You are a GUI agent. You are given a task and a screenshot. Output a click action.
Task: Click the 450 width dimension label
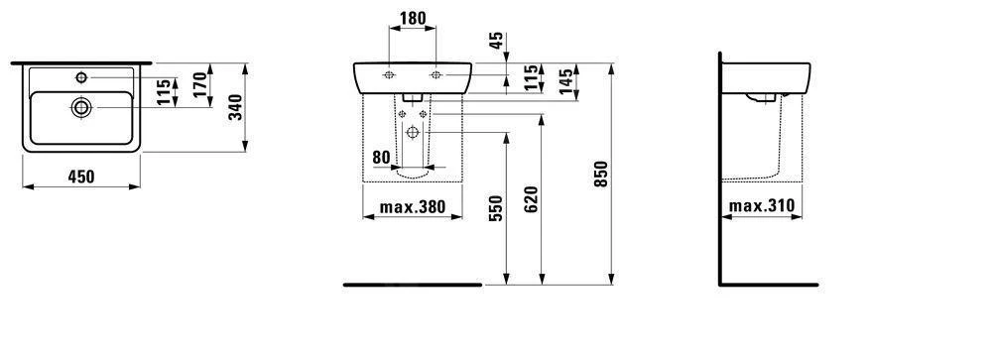pos(81,178)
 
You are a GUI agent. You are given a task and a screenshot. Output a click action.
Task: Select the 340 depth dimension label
pos(235,107)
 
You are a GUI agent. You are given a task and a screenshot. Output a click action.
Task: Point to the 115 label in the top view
pos(164,92)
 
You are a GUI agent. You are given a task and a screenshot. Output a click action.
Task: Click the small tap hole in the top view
pos(81,77)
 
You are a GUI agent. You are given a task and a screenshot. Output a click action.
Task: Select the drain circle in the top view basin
pos(81,107)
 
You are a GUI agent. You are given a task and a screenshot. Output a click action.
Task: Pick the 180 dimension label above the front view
pos(413,19)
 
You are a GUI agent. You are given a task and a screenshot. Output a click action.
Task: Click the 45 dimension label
pos(497,41)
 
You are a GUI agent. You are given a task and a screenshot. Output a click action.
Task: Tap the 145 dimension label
pos(566,80)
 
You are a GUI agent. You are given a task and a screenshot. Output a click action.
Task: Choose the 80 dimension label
pos(381,157)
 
